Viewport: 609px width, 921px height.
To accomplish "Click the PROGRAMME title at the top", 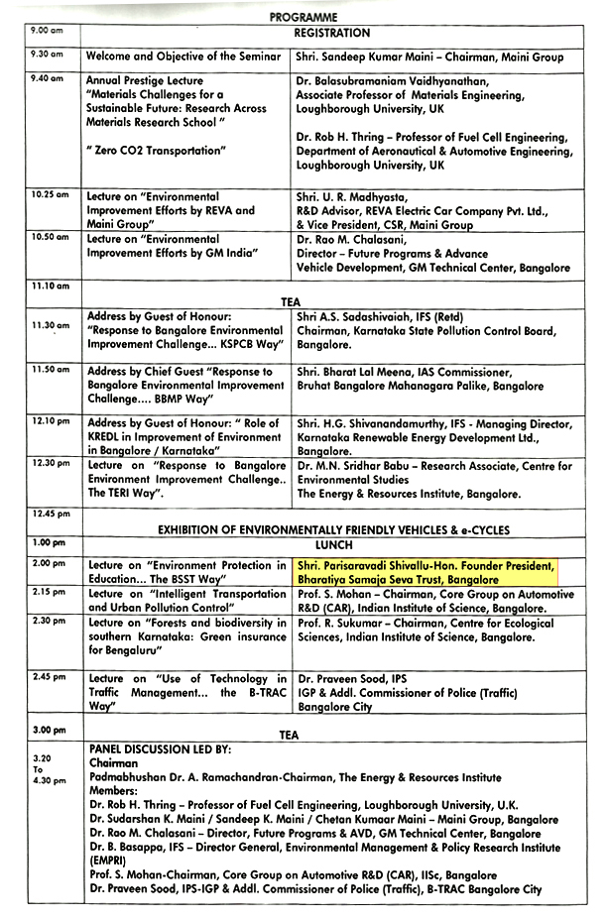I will [x=304, y=17].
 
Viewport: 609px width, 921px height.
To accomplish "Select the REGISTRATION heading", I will [x=331, y=33].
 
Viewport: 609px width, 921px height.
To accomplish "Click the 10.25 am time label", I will [x=50, y=194].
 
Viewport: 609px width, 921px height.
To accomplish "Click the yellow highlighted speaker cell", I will [x=426, y=572].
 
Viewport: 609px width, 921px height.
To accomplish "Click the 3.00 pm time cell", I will [x=49, y=730].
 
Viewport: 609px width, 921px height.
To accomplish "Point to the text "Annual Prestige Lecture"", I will [x=145, y=81].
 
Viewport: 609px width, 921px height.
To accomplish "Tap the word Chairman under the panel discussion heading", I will [x=114, y=763].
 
